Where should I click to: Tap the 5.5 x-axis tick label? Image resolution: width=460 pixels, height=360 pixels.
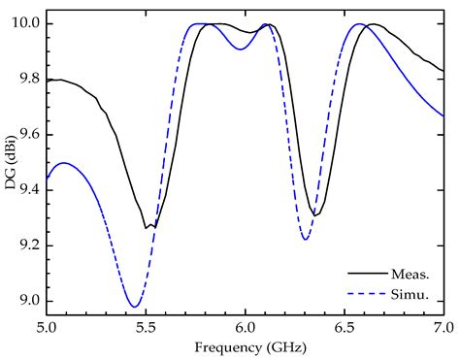[146, 330]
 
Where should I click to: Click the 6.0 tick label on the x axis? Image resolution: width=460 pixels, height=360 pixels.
[245, 330]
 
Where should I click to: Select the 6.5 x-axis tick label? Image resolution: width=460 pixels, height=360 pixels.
[345, 330]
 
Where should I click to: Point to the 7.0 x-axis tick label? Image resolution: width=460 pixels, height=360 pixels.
[443, 330]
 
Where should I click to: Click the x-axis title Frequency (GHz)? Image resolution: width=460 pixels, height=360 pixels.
[245, 347]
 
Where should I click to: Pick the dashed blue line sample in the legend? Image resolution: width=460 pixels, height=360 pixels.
[364, 294]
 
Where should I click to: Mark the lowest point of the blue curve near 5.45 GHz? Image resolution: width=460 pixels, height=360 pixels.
[135, 307]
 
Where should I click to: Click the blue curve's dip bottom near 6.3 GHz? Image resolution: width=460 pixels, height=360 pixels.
[306, 239]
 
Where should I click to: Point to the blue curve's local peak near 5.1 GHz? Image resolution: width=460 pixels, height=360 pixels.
[64, 163]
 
